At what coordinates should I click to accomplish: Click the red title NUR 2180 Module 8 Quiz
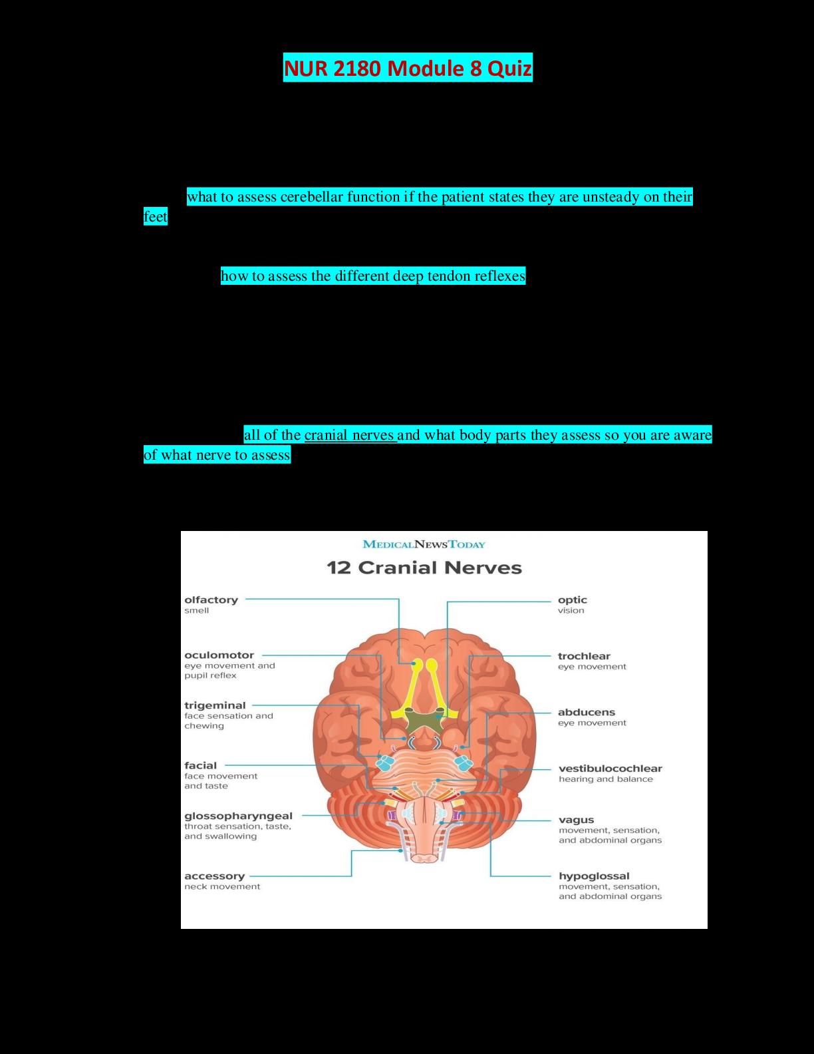click(408, 68)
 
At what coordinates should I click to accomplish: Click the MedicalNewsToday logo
click(424, 544)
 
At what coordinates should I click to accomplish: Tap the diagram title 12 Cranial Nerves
click(424, 568)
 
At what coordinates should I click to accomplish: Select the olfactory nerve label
click(211, 600)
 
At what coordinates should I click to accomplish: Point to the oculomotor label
click(219, 655)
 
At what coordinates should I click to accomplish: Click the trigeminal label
click(215, 705)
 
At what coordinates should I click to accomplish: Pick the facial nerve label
click(200, 765)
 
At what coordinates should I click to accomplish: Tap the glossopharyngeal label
click(238, 816)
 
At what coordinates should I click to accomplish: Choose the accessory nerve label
click(214, 876)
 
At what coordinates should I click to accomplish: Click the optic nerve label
click(572, 600)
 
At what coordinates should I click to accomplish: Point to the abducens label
click(586, 713)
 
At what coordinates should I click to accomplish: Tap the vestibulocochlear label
click(610, 769)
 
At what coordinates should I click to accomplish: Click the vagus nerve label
click(576, 820)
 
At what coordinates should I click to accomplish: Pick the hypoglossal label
click(593, 876)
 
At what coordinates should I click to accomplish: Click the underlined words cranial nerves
click(350, 435)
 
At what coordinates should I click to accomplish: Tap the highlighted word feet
click(156, 217)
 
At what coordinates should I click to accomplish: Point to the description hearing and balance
click(605, 779)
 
